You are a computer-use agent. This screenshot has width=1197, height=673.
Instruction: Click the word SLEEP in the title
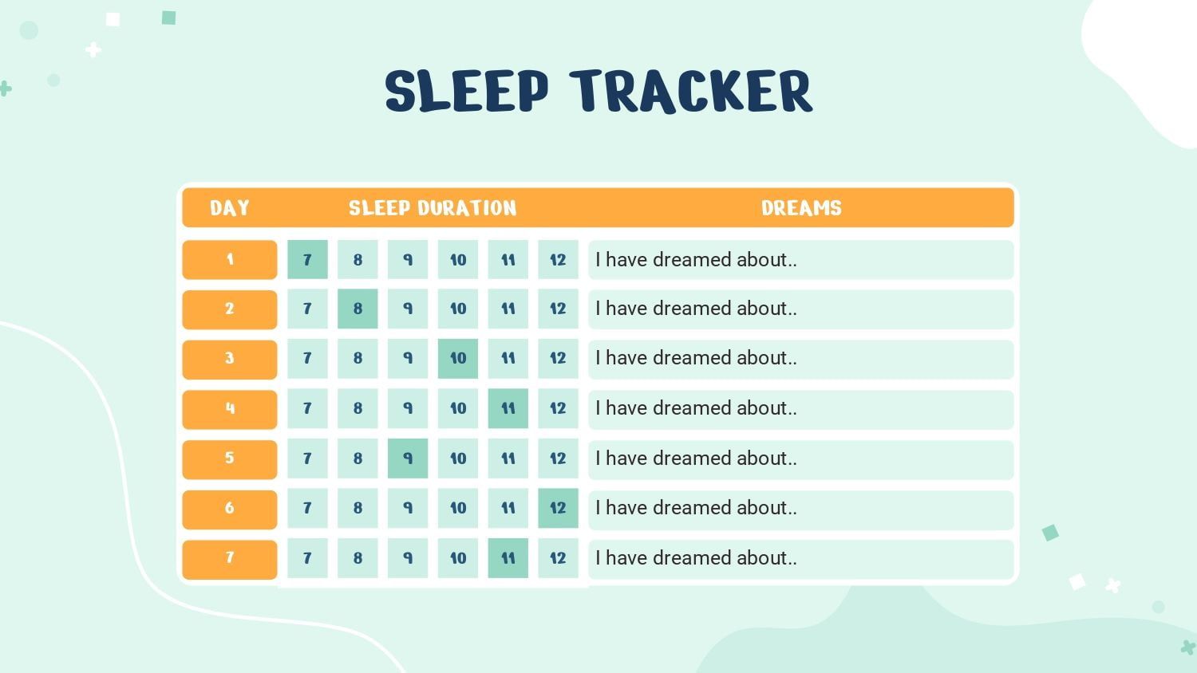[x=467, y=91]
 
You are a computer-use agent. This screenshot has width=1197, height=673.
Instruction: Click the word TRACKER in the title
[x=691, y=92]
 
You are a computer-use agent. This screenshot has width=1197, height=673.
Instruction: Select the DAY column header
[x=230, y=208]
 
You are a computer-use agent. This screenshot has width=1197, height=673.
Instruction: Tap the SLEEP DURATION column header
[x=433, y=208]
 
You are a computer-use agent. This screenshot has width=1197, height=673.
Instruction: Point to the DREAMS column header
[x=801, y=208]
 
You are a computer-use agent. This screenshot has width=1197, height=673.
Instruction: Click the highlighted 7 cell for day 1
[x=307, y=260]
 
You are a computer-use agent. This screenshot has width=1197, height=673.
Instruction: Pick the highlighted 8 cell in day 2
[x=358, y=309]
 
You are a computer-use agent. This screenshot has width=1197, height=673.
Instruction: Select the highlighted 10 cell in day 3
[x=458, y=358]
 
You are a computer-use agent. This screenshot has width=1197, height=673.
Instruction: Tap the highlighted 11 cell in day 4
[x=508, y=408]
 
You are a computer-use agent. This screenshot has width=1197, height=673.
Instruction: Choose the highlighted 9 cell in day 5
[x=408, y=459]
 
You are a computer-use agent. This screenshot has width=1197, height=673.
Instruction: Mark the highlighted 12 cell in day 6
[x=558, y=508]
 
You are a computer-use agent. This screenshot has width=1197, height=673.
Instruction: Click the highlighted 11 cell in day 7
[x=508, y=558]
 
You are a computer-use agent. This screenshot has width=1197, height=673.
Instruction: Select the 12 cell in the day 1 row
[x=558, y=260]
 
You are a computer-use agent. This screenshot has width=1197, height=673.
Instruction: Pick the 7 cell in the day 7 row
[x=307, y=558]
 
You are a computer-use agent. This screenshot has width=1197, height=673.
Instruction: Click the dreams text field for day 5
[x=801, y=459]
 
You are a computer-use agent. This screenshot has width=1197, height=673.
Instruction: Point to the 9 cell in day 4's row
[x=408, y=408]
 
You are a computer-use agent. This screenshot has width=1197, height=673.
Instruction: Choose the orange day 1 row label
[x=230, y=260]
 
